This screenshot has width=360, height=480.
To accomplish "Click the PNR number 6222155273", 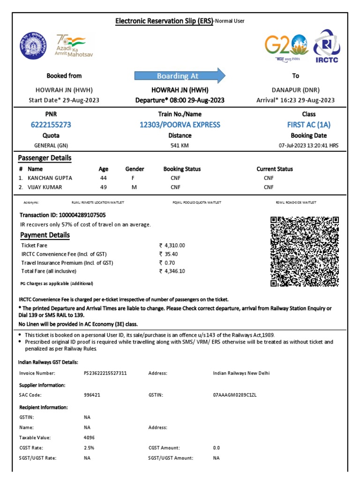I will (x=51, y=125).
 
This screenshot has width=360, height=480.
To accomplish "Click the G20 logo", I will (x=286, y=45).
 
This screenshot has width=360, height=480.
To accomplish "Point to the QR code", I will (x=305, y=252).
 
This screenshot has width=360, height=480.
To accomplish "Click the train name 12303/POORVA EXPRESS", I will (x=180, y=125).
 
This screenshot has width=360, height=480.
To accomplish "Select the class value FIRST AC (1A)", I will (x=309, y=125).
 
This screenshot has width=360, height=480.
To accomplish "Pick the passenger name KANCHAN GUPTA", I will (x=50, y=178).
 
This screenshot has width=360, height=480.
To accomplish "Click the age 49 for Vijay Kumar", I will (x=104, y=187).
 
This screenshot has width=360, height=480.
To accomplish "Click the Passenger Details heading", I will (x=45, y=158).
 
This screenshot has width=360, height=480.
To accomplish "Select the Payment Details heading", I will (x=45, y=235).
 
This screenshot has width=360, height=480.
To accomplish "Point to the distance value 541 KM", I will (x=180, y=146).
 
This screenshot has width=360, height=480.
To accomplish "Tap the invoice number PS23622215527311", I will (x=105, y=374).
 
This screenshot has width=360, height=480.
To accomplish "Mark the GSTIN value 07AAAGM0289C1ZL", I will (x=235, y=395).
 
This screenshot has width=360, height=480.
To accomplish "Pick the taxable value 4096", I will (x=90, y=438).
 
